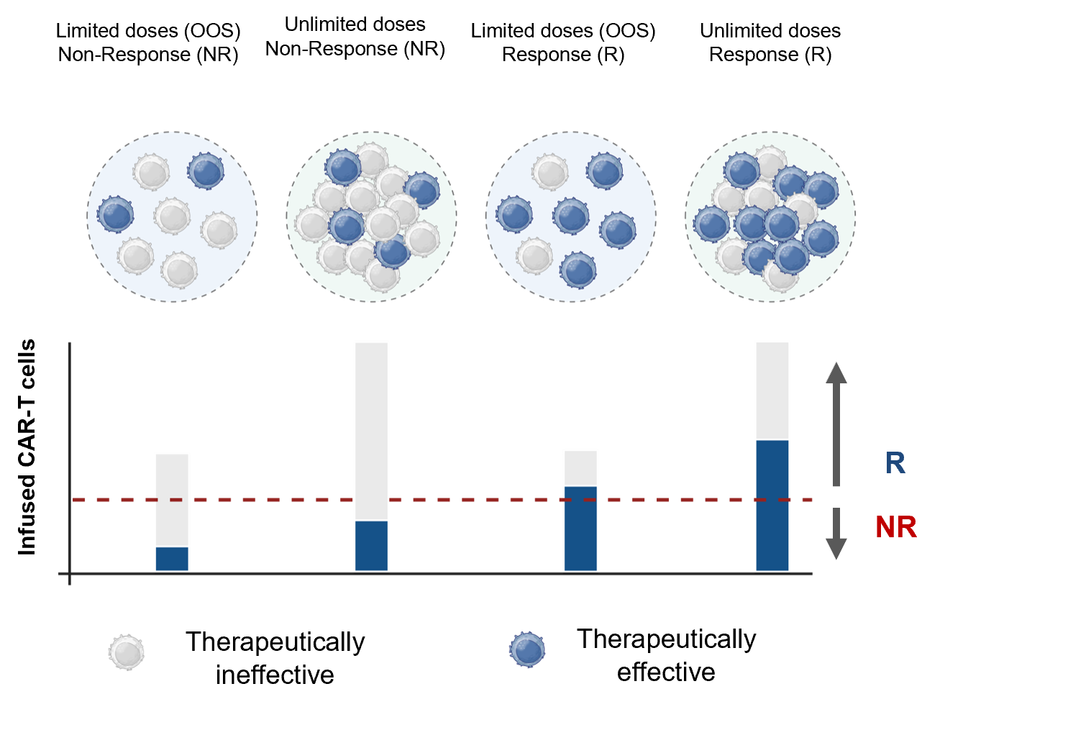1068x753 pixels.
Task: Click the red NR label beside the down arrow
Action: click(x=896, y=527)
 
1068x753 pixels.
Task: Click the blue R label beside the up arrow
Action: click(x=895, y=463)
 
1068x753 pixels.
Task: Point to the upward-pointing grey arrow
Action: click(x=836, y=424)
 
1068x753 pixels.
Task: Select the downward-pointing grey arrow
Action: click(x=836, y=534)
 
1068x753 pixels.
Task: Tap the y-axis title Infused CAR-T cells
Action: click(x=27, y=447)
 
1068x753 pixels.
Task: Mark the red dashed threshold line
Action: click(x=442, y=500)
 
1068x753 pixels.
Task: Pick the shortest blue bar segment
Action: click(x=172, y=559)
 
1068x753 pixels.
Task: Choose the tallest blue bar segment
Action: click(x=772, y=506)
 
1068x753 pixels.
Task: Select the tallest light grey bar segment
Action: click(x=371, y=432)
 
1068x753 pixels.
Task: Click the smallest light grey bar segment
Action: click(x=580, y=468)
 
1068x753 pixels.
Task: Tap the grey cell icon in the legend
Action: click(x=127, y=652)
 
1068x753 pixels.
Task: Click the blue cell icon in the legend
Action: click(x=527, y=649)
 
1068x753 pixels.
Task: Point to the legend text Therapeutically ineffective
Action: click(x=275, y=658)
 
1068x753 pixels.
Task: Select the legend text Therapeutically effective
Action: click(x=667, y=655)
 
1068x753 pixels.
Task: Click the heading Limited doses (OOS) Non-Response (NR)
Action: click(x=148, y=42)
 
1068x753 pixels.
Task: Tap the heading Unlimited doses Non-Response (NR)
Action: click(x=355, y=37)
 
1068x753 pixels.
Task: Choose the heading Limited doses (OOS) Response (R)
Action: click(x=563, y=42)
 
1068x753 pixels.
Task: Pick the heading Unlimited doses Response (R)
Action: click(x=770, y=42)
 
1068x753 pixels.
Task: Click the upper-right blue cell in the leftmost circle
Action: click(x=206, y=171)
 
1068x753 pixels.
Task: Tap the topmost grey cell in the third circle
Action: click(x=550, y=172)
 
